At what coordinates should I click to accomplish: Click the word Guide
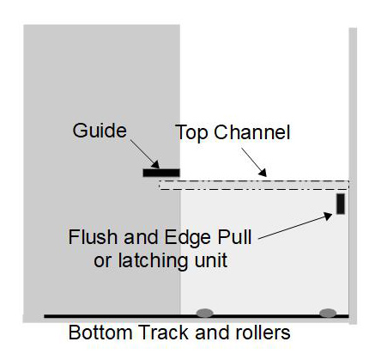click(x=99, y=131)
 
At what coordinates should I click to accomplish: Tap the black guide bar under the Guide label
click(x=160, y=173)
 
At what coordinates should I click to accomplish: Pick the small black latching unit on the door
click(x=340, y=204)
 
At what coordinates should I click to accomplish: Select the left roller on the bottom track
click(x=204, y=312)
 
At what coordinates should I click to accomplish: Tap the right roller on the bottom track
click(x=328, y=312)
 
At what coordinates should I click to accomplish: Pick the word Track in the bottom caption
click(x=158, y=333)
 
